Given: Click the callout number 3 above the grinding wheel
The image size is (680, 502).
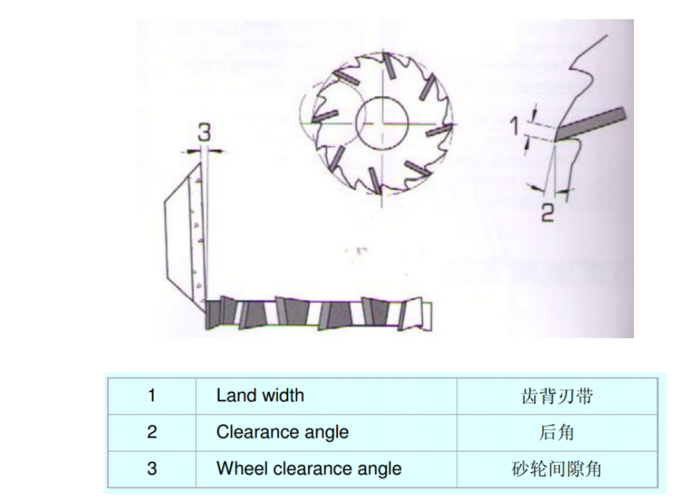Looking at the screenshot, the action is click(204, 132).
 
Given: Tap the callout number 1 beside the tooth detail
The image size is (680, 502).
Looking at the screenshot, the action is click(514, 126).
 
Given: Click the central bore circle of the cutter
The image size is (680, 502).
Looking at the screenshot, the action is click(382, 123).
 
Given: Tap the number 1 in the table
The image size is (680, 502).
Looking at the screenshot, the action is click(152, 396).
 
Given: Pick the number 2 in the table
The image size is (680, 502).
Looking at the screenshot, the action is click(152, 432).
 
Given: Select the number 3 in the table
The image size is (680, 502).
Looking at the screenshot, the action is click(152, 469).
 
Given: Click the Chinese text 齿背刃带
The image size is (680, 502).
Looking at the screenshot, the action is click(557, 396).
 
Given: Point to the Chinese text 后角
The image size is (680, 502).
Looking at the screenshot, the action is click(557, 433).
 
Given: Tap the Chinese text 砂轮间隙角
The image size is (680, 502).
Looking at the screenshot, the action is click(557, 469).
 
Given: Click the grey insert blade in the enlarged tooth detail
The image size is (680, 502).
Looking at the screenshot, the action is click(591, 123).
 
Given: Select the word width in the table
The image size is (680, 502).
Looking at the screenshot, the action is click(283, 396).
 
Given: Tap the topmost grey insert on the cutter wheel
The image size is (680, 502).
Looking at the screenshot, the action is click(389, 66).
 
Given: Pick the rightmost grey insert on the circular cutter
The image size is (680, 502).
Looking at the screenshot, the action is click(439, 130).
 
